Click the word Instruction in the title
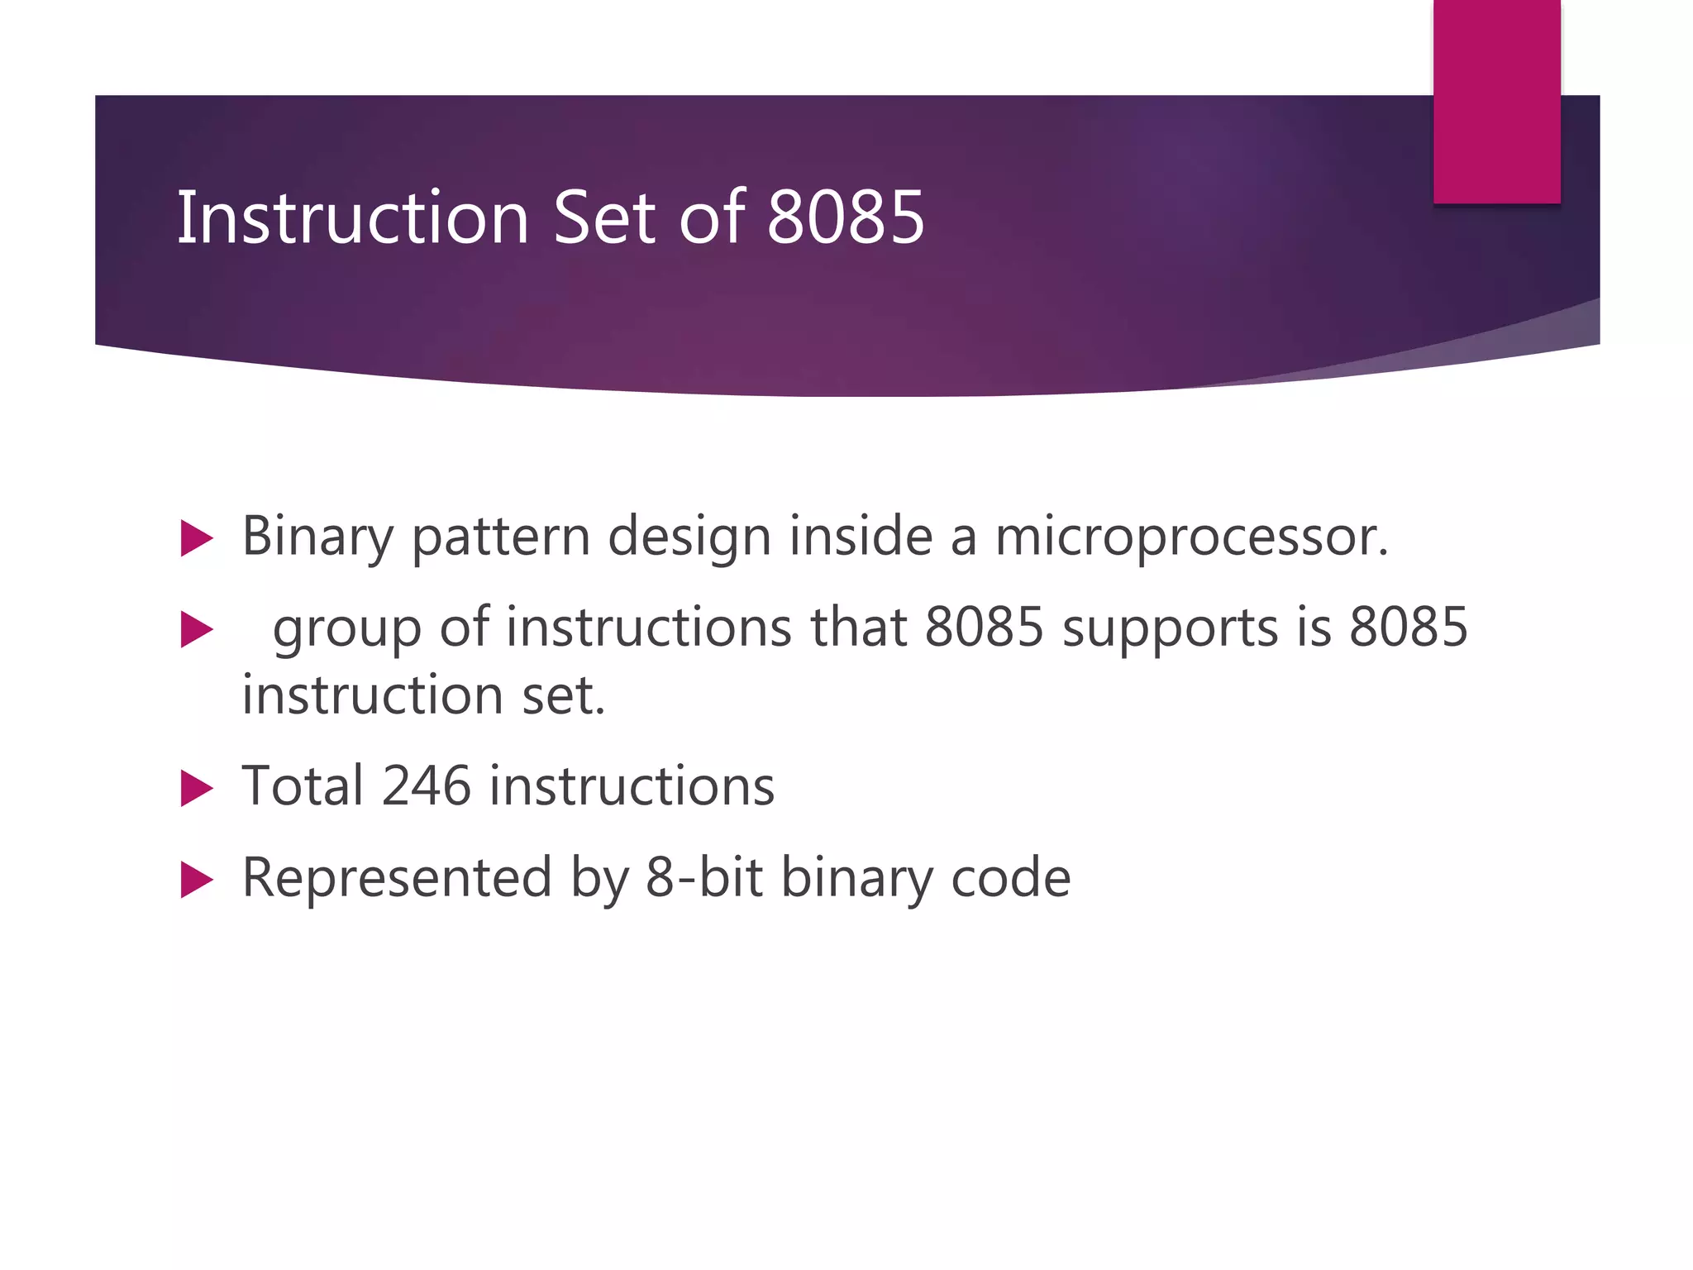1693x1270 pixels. (353, 217)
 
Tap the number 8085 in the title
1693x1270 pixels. (845, 217)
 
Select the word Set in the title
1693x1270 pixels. (605, 217)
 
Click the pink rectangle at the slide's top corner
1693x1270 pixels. (1496, 101)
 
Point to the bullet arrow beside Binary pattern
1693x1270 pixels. (197, 538)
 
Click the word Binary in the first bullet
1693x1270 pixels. (317, 537)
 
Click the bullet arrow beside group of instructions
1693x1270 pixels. (197, 630)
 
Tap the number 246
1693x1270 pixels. (426, 785)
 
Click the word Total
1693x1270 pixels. (302, 785)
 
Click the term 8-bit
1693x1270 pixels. (704, 877)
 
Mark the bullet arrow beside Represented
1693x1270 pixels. (197, 880)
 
